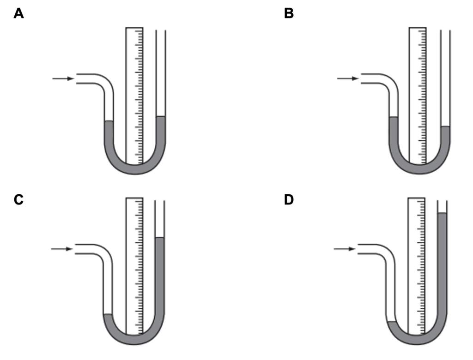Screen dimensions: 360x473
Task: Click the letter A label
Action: pos(18,14)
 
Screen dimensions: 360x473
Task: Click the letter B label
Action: pos(289,14)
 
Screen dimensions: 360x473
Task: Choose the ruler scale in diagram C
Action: pos(134,265)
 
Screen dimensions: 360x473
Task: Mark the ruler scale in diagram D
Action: pos(417,265)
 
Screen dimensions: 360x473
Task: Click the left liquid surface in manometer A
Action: pos(109,121)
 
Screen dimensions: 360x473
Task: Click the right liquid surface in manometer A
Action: pos(160,117)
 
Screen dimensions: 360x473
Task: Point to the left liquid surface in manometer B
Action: pos(394,118)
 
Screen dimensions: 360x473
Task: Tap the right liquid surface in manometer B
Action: pos(445,127)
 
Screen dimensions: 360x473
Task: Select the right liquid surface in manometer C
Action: pos(159,238)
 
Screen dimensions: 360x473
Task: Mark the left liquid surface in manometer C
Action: pos(108,314)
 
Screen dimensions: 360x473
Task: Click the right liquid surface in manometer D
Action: pos(442,213)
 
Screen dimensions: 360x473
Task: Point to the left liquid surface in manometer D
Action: pos(391,322)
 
